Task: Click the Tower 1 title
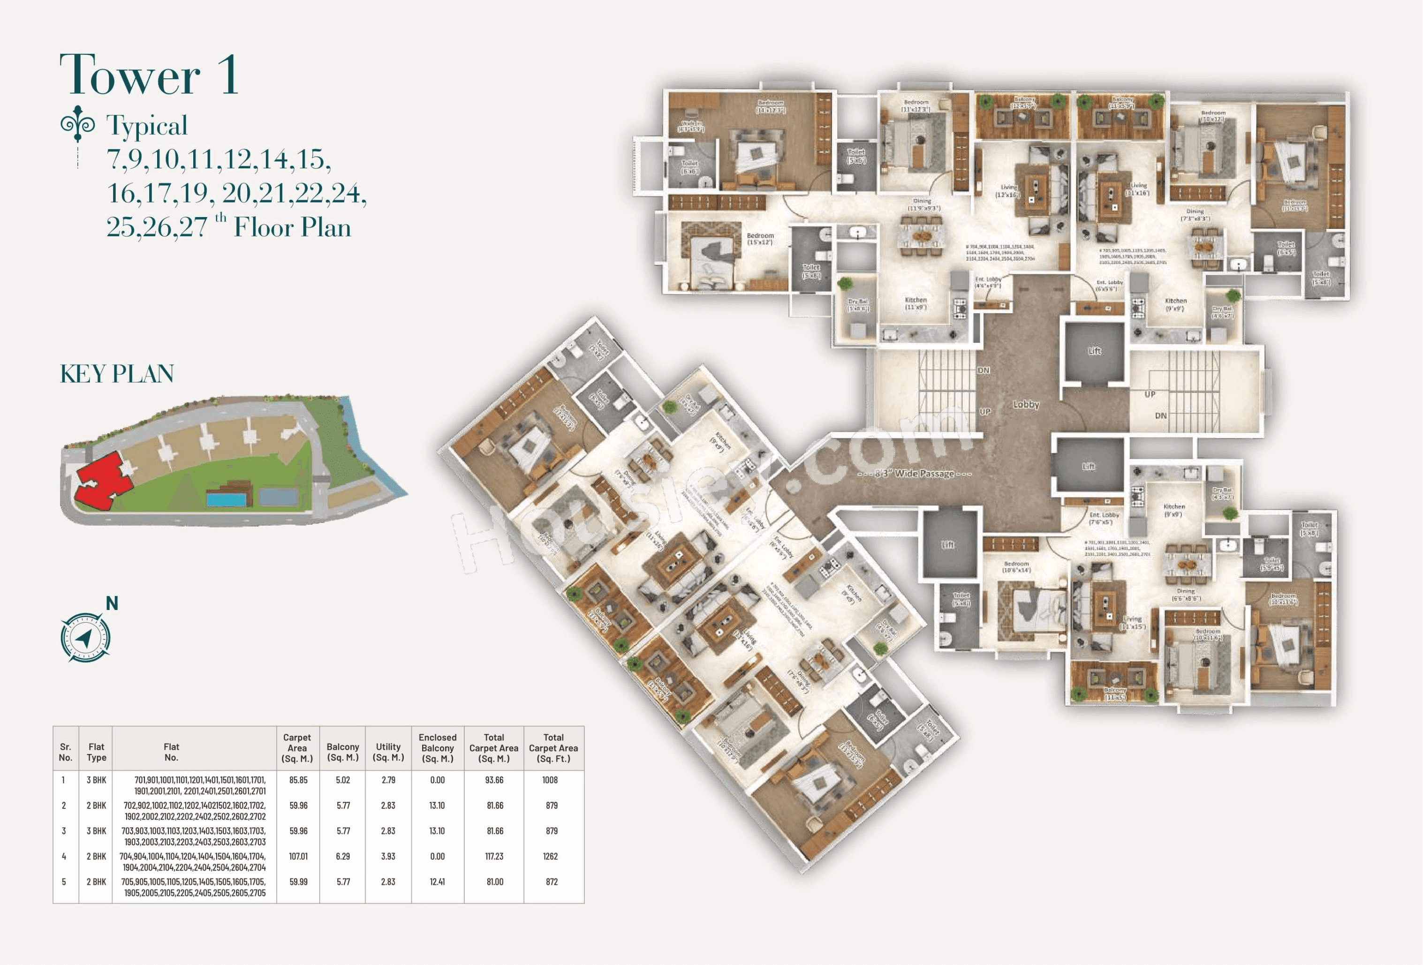tap(149, 75)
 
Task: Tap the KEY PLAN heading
tap(117, 374)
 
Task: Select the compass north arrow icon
tap(86, 637)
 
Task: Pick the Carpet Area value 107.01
tap(298, 857)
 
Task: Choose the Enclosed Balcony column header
tap(437, 747)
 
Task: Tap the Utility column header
tap(388, 752)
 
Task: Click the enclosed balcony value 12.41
tap(437, 882)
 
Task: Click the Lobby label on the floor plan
tap(1026, 404)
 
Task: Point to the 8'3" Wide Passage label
tap(923, 473)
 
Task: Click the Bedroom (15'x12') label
tap(760, 239)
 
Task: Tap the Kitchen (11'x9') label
tap(916, 303)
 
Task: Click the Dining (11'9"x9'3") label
tap(922, 204)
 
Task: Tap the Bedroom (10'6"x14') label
tap(1016, 566)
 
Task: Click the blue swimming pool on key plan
tap(226, 499)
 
